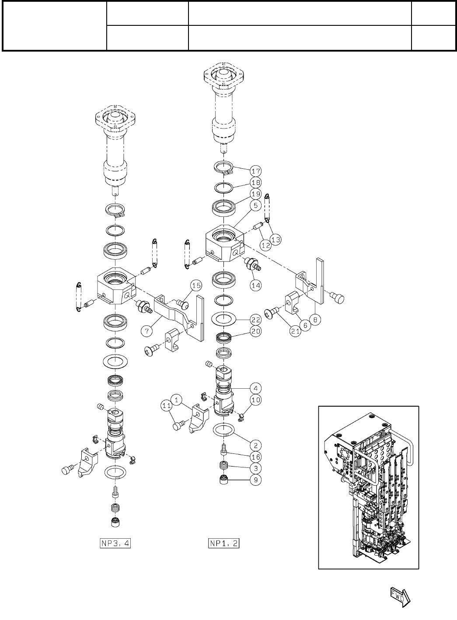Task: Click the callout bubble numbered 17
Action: [x=255, y=170]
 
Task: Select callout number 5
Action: [x=255, y=205]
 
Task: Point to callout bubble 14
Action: [x=255, y=285]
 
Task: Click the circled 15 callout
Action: [x=196, y=286]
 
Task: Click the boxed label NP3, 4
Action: [x=115, y=543]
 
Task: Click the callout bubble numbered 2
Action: [x=255, y=446]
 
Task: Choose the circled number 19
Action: [x=255, y=194]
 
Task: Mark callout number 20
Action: [x=255, y=331]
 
